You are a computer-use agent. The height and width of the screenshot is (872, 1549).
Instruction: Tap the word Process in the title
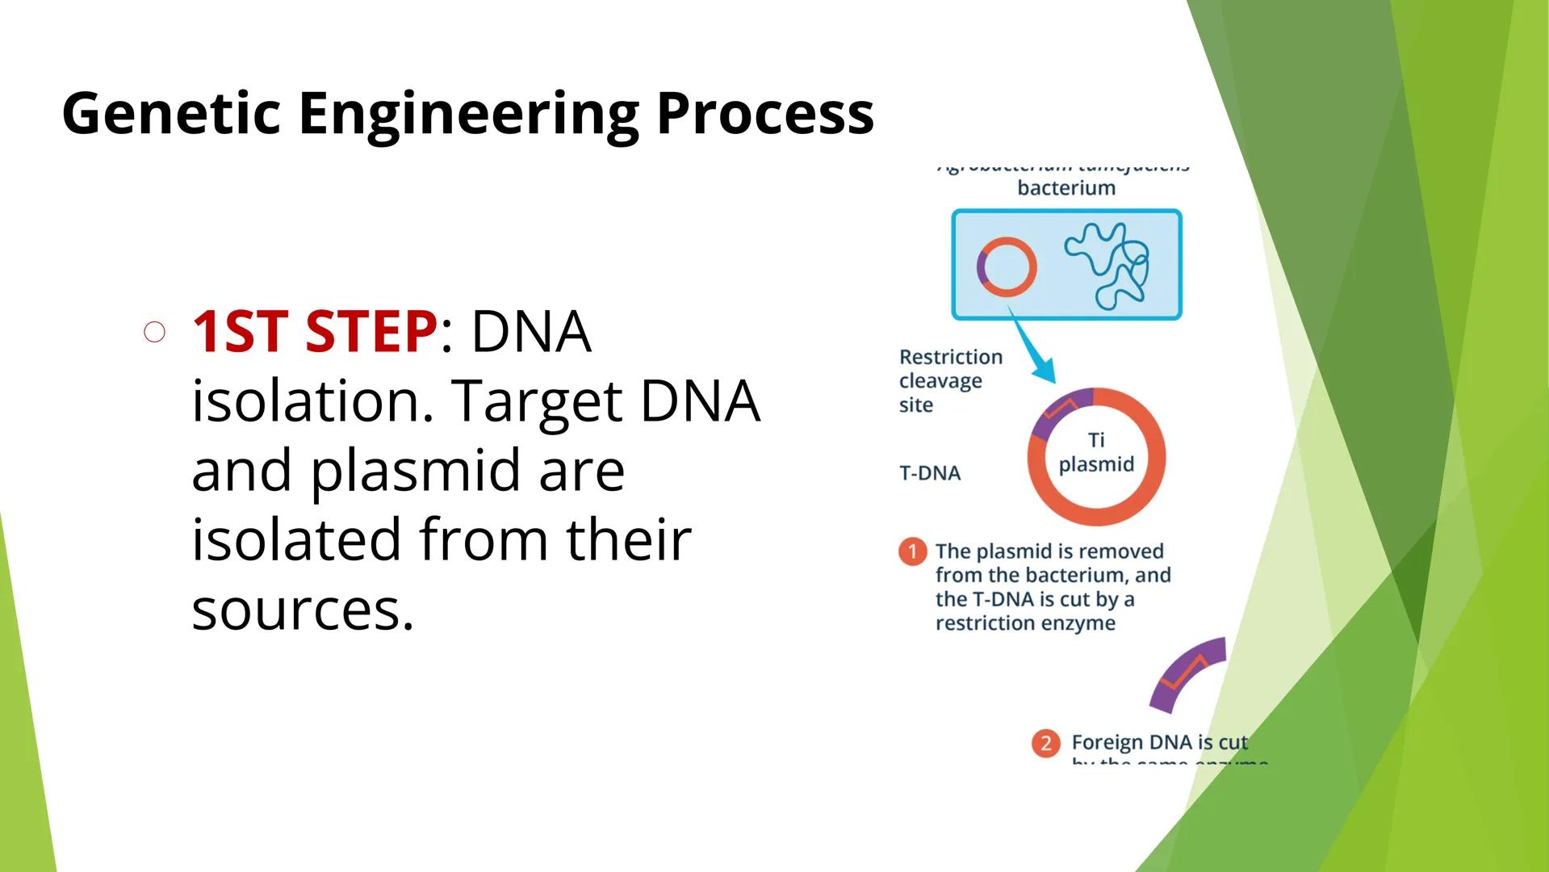[764, 113]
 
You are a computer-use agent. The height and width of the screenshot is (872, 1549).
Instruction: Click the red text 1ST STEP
[315, 332]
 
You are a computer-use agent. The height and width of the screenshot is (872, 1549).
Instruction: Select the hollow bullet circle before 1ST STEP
[155, 333]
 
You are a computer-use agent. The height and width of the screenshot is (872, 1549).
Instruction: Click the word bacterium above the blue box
[1065, 188]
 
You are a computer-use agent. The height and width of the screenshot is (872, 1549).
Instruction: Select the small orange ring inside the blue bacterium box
[1007, 266]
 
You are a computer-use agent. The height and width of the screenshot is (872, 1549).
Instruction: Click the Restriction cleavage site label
[949, 380]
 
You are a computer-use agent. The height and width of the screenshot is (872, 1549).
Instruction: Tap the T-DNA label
[929, 473]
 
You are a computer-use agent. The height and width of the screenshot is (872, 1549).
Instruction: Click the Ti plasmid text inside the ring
[1095, 453]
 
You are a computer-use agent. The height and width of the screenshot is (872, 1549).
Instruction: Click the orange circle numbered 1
[912, 552]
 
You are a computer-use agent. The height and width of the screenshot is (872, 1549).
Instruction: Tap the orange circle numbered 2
[1045, 743]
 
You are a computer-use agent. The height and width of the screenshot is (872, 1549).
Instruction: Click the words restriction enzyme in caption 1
[1024, 623]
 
